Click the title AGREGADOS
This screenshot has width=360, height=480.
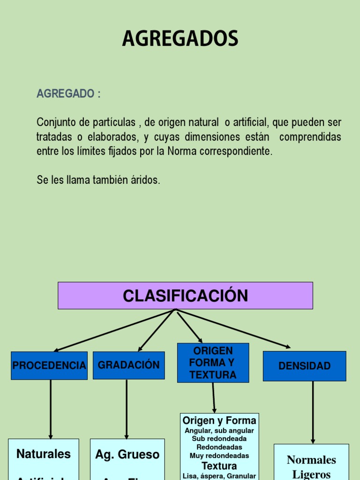(x=180, y=39)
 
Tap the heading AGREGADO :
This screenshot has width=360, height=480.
(x=68, y=94)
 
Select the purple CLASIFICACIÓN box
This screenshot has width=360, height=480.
(x=185, y=296)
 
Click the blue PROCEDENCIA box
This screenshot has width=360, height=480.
(x=49, y=366)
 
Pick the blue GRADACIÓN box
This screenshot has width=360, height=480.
(x=128, y=365)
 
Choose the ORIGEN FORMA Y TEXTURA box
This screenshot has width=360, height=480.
(x=213, y=363)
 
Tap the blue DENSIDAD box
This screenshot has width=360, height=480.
(x=304, y=366)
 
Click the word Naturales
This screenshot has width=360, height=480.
(x=44, y=454)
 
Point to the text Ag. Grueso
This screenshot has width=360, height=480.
(x=127, y=454)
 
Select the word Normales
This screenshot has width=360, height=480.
(x=311, y=460)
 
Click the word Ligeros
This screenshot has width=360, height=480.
(x=311, y=474)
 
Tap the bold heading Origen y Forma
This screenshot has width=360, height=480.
(x=219, y=420)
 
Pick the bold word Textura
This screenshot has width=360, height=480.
(x=219, y=466)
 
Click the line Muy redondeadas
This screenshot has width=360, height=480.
(x=219, y=456)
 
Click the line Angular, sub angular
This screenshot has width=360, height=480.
(x=219, y=430)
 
